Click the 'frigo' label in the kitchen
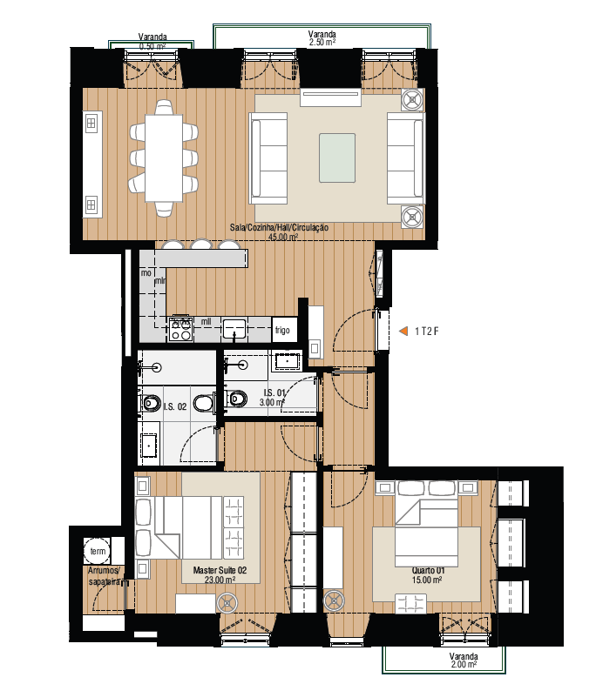[282, 330]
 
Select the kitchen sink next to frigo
[234, 329]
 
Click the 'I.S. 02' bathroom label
[175, 406]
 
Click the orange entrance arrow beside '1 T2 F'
[403, 331]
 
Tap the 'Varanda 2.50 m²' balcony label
[322, 37]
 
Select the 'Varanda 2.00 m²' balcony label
[463, 660]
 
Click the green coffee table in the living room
[336, 158]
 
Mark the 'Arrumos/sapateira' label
[105, 575]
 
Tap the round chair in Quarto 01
[334, 600]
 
